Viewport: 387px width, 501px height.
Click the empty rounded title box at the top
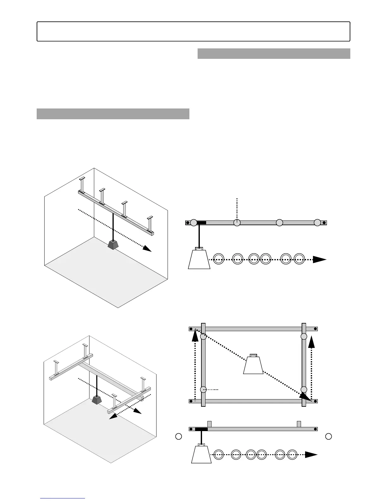(x=193, y=31)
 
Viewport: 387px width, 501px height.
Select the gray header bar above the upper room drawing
(x=113, y=114)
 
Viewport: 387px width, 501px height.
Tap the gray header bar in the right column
(x=273, y=53)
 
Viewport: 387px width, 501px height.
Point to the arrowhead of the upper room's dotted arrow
(x=147, y=248)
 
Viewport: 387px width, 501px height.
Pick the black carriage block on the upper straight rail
(x=201, y=223)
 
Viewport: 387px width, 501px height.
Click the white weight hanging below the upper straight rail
(x=199, y=259)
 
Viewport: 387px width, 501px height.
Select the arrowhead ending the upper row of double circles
(x=320, y=260)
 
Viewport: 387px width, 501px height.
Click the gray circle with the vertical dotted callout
(x=237, y=223)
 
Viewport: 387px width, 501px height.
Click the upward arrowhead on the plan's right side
(x=311, y=342)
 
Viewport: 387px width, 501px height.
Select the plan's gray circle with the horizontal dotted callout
(x=203, y=389)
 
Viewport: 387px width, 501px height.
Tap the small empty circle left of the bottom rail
(x=179, y=436)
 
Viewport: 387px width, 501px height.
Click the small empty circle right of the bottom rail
(x=329, y=436)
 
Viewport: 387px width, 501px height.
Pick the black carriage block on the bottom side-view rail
(x=201, y=429)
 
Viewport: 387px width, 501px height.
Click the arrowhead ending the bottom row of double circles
(x=311, y=455)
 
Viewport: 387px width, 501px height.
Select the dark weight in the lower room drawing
(x=96, y=400)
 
